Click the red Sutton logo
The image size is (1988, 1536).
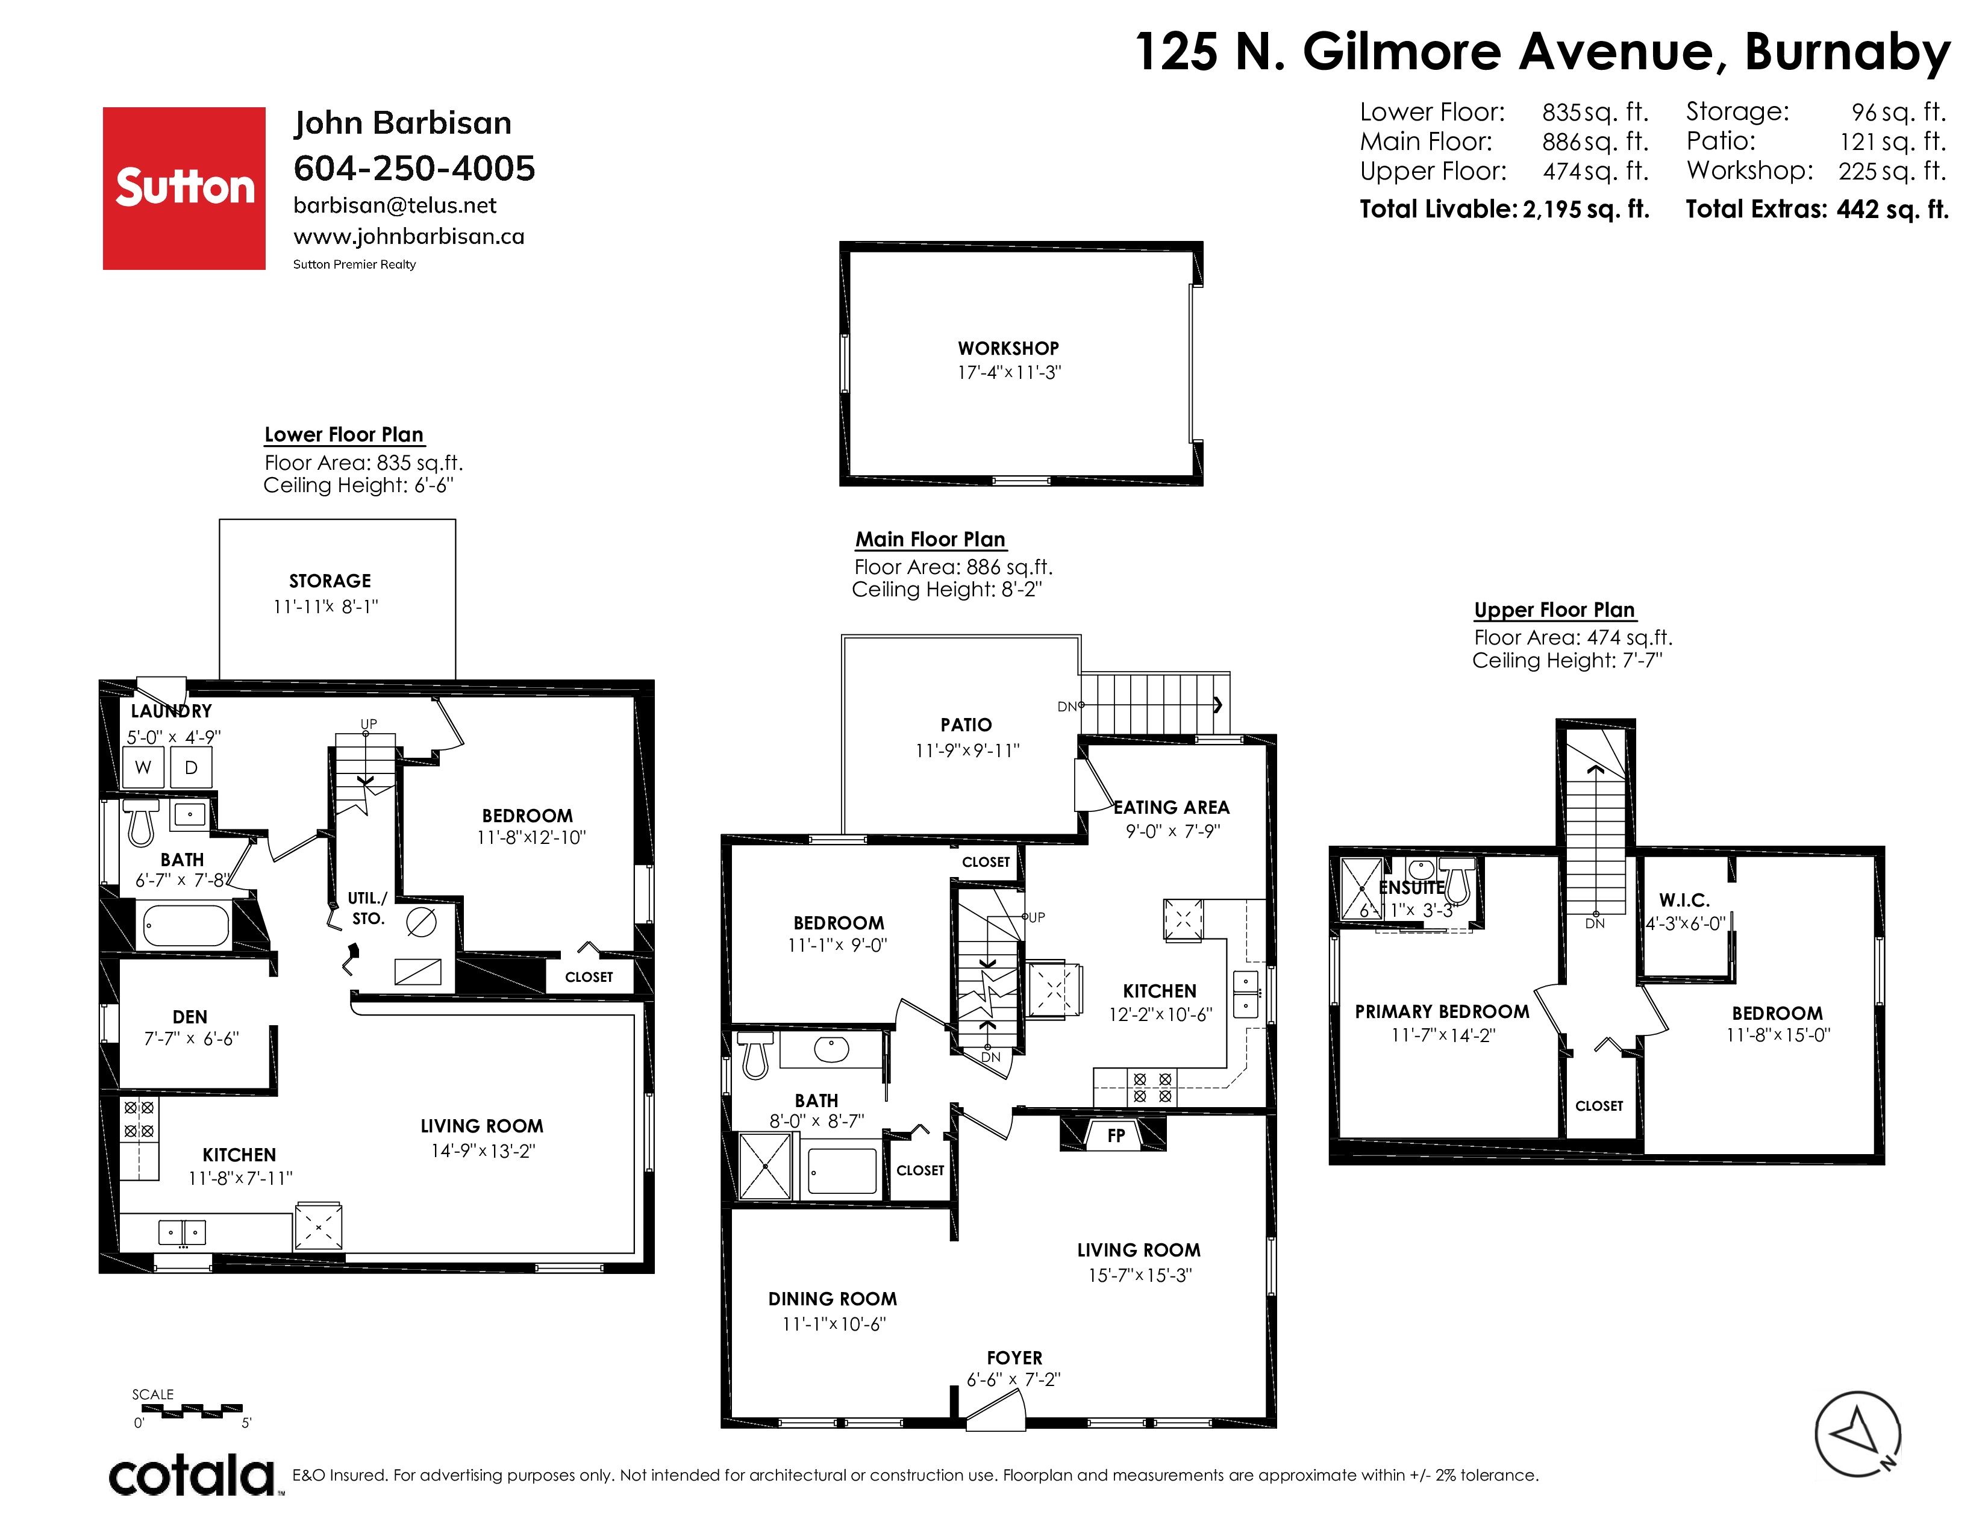[x=184, y=189]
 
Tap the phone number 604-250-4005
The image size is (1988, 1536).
[x=414, y=168]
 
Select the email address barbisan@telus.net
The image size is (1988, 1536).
[x=395, y=205]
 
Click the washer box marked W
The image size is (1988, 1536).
[x=143, y=767]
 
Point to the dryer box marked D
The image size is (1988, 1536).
[x=191, y=767]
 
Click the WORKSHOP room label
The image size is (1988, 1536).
[x=1008, y=349]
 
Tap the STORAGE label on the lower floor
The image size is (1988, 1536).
[x=330, y=581]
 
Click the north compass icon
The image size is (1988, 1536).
[x=1858, y=1436]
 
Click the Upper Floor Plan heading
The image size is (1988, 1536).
[x=1555, y=610]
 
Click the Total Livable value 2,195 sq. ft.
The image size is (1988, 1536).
[x=1586, y=209]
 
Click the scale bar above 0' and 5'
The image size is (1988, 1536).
[x=192, y=1411]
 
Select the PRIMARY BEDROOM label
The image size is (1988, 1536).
[x=1442, y=1012]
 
